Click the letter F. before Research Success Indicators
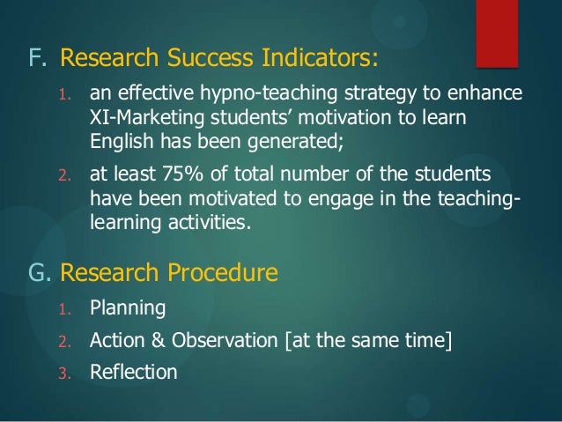click(38, 59)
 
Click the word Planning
click(127, 309)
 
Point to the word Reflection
click(133, 372)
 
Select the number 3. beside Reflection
click(63, 373)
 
